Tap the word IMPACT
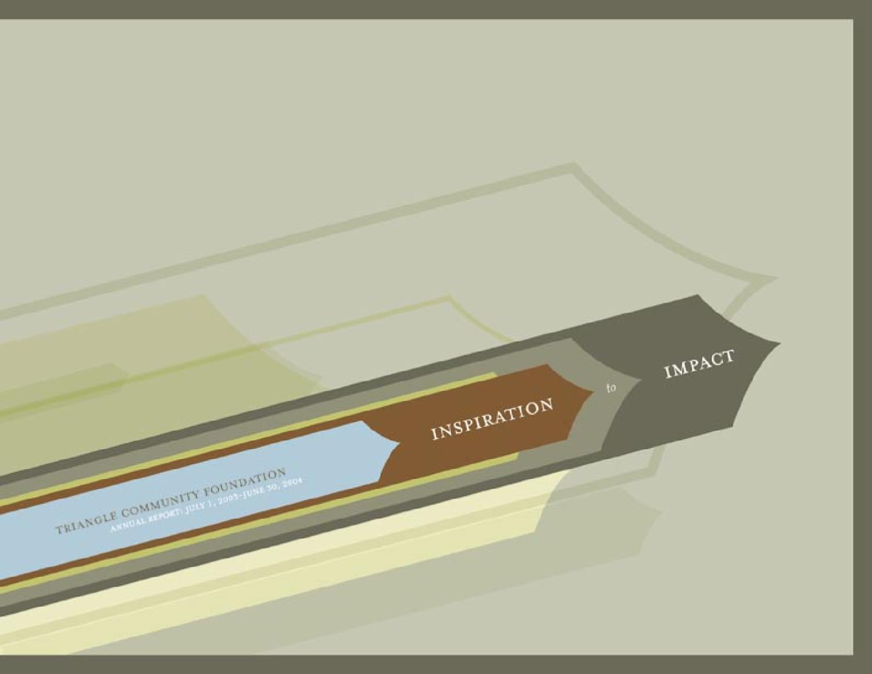(x=699, y=365)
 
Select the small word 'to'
(x=611, y=388)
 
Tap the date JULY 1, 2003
(x=198, y=505)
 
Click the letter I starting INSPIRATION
(x=433, y=434)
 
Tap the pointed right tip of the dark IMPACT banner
(x=780, y=341)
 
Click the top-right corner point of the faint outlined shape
(x=777, y=278)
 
